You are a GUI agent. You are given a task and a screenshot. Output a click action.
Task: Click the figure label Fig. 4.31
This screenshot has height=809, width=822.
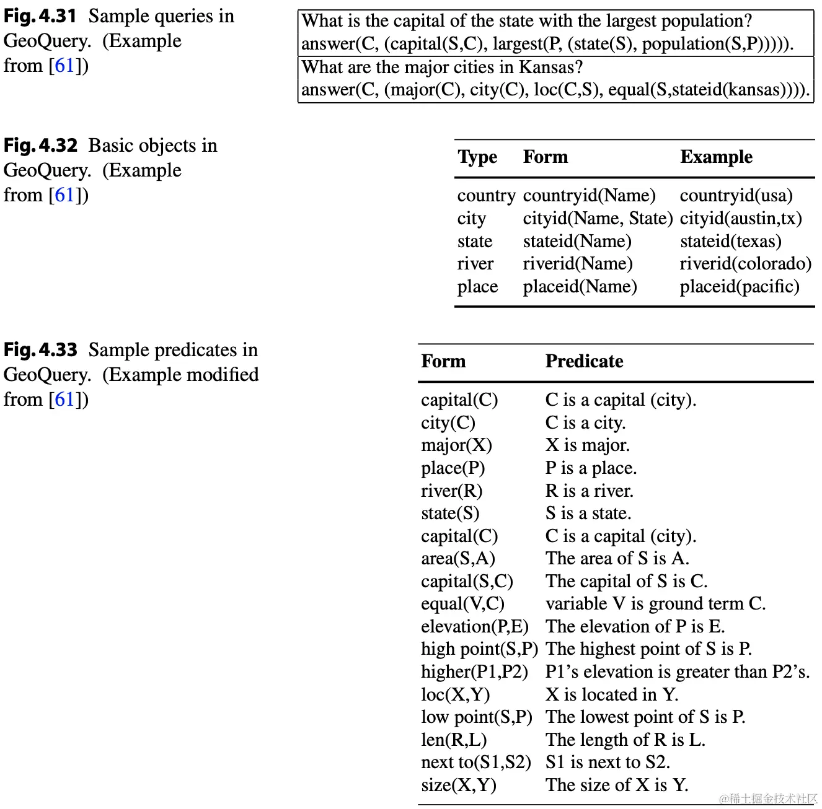tap(40, 16)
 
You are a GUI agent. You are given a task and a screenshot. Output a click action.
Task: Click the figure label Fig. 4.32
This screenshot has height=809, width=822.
tap(40, 146)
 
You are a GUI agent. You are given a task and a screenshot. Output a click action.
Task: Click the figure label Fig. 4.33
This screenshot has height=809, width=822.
tap(40, 350)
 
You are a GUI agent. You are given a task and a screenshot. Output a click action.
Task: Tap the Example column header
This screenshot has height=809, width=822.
tap(716, 157)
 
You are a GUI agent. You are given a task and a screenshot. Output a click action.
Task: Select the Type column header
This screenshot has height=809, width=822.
tap(477, 157)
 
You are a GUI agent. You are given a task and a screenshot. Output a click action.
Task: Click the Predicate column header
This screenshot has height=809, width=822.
tap(584, 361)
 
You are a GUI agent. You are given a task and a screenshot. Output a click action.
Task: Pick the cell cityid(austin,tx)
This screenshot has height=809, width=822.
tap(741, 219)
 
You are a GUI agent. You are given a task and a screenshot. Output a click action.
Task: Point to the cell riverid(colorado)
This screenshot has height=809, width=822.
tap(745, 264)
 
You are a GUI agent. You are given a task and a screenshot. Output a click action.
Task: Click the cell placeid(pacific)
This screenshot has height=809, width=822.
tap(739, 287)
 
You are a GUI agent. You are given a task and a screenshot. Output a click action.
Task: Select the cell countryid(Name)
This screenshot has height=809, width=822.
tap(589, 196)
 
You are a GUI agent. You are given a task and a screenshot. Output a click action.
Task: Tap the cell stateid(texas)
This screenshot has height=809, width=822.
tap(730, 242)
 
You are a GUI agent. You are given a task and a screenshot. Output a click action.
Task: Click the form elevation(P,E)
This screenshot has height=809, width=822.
tap(474, 627)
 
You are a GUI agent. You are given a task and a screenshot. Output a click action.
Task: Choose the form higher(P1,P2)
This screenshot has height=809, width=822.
tap(474, 672)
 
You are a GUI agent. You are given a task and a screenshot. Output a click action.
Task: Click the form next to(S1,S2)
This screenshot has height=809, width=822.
tap(475, 763)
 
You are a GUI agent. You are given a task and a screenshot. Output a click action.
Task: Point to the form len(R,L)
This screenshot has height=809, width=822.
tap(453, 740)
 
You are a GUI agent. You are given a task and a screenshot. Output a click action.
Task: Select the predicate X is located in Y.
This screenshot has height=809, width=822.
tap(612, 695)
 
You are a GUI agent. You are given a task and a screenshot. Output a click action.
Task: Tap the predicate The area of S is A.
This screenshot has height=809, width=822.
tap(617, 559)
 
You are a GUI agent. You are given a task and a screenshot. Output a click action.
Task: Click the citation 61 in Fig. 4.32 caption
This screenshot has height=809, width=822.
tap(64, 195)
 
